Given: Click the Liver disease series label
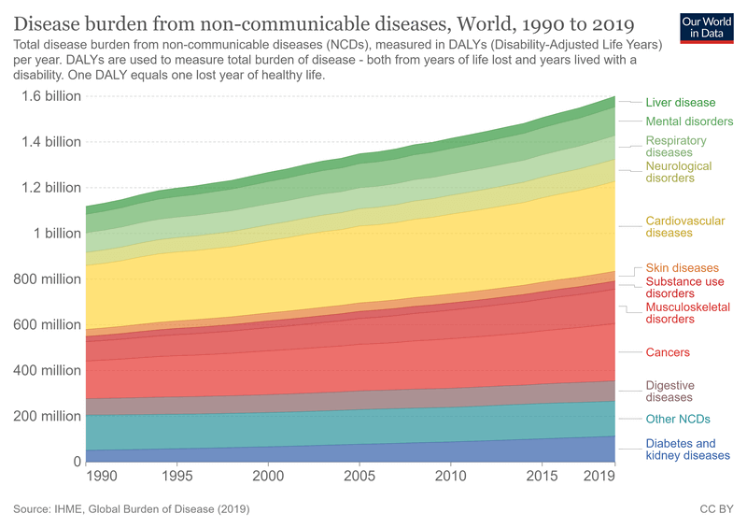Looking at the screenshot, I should coord(680,103).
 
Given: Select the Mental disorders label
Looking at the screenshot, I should coord(689,121).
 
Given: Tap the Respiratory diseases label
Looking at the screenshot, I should coord(676,147).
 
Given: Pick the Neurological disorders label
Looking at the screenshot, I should coord(679,172).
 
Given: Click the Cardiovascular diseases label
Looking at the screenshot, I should coord(684,227).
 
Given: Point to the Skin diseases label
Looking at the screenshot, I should coord(682,268).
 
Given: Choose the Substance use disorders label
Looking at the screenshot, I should coord(684,288).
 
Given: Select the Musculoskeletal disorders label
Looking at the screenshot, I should coord(687,313).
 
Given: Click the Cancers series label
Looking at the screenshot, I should coord(668,353).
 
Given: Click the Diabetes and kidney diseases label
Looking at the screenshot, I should coord(687,450).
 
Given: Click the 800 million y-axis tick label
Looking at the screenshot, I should coord(45,278).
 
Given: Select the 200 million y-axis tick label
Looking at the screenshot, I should coord(45,416).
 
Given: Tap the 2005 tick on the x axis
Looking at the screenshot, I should coord(360,477).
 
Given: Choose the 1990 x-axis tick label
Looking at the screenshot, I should coord(100,477).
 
